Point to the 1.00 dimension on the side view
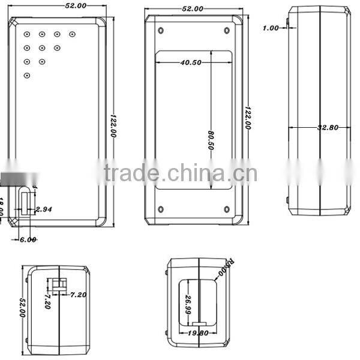[x=271, y=28]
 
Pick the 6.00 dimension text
[x=28, y=239]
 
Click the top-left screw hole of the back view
[x=160, y=30]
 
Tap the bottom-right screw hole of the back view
[x=227, y=209]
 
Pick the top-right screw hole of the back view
[x=227, y=30]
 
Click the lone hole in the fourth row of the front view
[x=27, y=75]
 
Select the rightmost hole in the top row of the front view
[x=72, y=34]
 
